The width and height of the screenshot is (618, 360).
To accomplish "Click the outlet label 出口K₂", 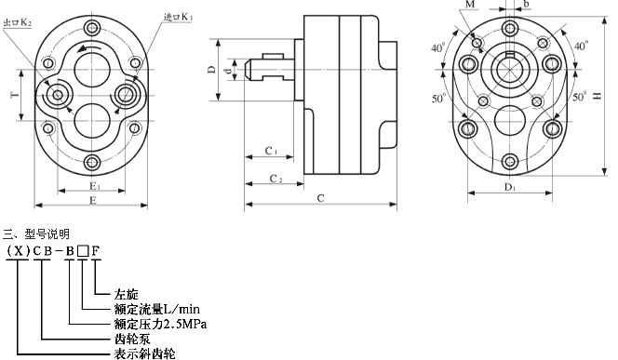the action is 17,22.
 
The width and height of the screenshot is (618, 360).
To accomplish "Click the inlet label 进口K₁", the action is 178,17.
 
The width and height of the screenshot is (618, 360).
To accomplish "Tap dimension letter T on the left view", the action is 15,95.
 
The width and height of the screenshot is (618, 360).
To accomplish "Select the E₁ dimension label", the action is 93,185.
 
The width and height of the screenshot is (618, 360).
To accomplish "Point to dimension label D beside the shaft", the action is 211,70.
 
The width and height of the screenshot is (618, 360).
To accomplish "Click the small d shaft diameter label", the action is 227,71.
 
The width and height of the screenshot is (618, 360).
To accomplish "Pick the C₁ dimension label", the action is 271,151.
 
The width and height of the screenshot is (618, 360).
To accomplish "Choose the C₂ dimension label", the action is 275,179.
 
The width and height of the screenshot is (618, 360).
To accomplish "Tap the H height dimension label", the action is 598,96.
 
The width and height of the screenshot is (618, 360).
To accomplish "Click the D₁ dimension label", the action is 510,187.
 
